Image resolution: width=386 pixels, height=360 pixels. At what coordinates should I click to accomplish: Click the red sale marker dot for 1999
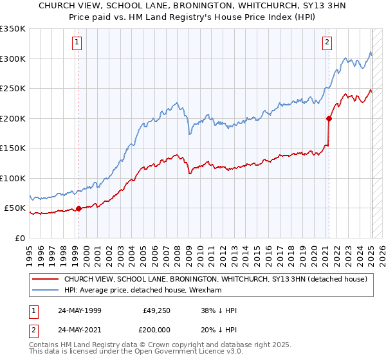[x=78, y=208]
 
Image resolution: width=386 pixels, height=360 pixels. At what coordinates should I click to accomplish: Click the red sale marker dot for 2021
[x=329, y=118]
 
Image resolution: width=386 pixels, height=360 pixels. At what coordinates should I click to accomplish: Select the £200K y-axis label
[x=14, y=118]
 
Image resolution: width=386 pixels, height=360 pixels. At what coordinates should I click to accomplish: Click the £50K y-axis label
[x=15, y=208]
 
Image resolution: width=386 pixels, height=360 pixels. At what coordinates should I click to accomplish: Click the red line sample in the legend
[x=44, y=279]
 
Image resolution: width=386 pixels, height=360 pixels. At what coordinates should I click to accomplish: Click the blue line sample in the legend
[x=44, y=290]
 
